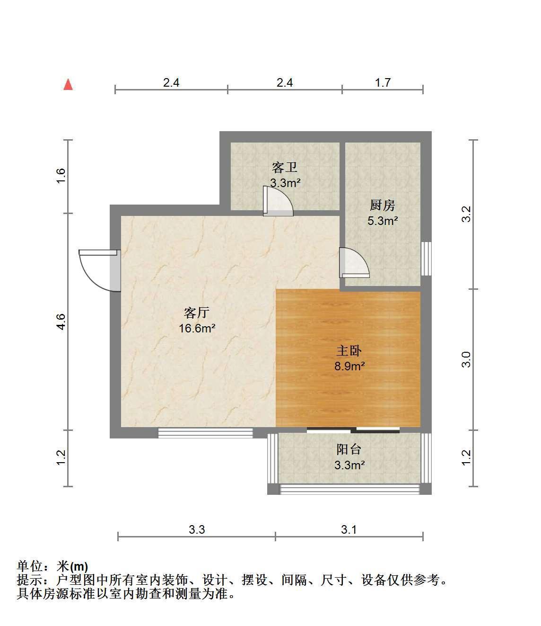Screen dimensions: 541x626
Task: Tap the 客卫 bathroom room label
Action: click(284, 168)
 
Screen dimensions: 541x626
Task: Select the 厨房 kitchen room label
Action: click(382, 205)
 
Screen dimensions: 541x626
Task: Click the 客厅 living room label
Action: click(197, 313)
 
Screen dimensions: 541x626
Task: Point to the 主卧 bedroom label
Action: click(349, 351)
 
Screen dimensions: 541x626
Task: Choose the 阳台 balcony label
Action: click(349, 449)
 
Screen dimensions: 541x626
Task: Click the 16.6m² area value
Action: click(197, 328)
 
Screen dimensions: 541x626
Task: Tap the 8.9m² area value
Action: click(349, 366)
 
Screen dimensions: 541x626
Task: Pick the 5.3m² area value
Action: click(383, 221)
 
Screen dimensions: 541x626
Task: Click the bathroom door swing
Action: click(278, 201)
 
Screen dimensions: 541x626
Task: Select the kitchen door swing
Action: click(354, 262)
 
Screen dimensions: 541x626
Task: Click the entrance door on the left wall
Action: click(100, 270)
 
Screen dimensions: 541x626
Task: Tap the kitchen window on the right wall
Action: click(426, 259)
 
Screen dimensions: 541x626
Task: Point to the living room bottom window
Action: click(205, 433)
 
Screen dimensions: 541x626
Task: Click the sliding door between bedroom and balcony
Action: click(353, 430)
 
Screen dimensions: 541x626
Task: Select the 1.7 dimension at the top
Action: click(383, 82)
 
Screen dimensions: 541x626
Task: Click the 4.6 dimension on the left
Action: click(61, 322)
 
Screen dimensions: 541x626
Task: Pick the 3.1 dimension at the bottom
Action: click(349, 529)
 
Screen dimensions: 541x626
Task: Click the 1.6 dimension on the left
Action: click(61, 176)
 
